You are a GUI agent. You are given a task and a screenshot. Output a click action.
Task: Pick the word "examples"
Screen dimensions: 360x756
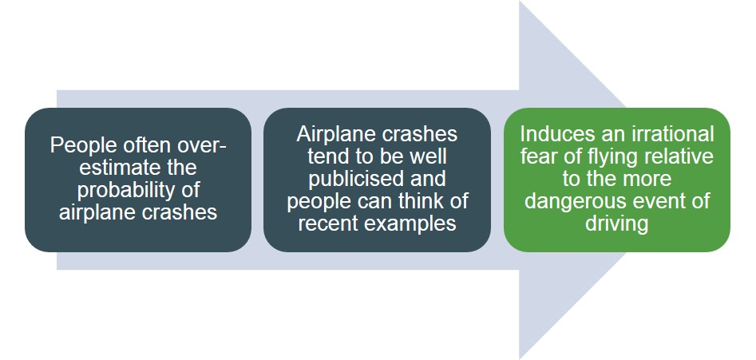coord(413,223)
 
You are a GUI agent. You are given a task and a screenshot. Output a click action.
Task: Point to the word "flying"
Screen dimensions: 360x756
coord(612,156)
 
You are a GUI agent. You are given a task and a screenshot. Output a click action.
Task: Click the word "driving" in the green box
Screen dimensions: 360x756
coord(616,223)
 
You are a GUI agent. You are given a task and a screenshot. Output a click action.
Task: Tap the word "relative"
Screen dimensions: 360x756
coord(680,156)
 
